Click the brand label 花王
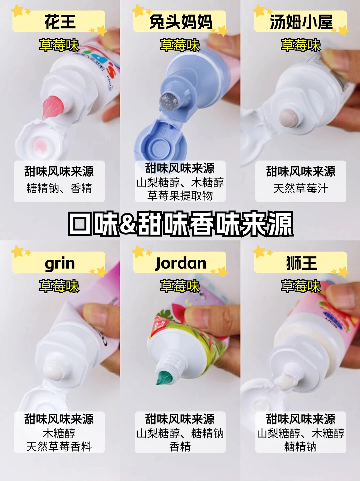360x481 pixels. click(60, 22)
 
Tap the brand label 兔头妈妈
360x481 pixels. click(181, 22)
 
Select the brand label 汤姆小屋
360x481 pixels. click(301, 22)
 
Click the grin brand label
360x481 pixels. click(60, 264)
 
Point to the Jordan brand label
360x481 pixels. click(181, 263)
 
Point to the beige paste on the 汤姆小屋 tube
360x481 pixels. click(288, 118)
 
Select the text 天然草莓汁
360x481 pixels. click(301, 188)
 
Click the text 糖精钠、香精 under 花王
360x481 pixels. click(59, 188)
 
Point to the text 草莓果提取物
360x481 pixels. click(180, 195)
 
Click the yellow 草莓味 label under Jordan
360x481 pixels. click(180, 286)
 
